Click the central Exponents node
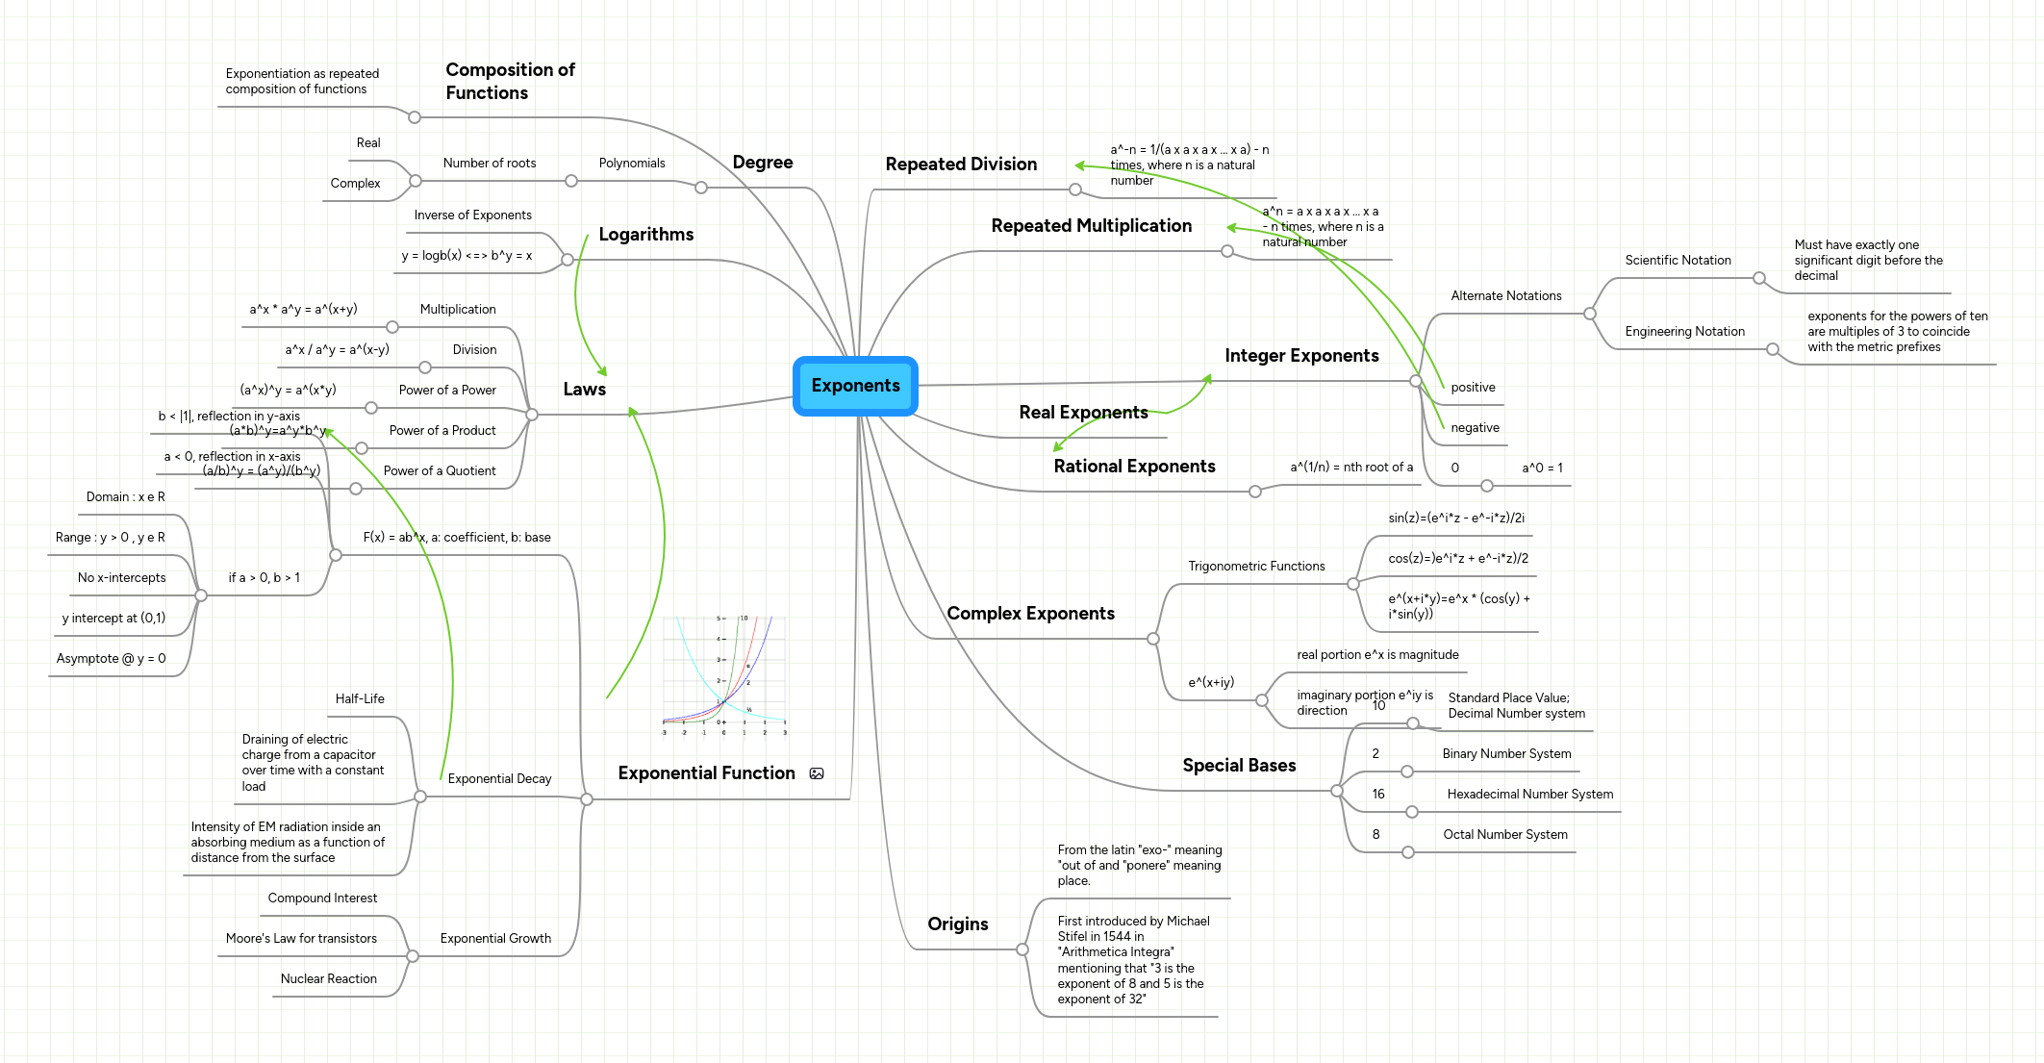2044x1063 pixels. pyautogui.click(x=855, y=386)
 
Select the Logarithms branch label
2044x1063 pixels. pyautogui.click(x=645, y=235)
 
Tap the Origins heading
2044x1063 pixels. pyautogui.click(x=957, y=924)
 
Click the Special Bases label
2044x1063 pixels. pyautogui.click(x=1239, y=766)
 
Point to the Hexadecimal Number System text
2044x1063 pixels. pyautogui.click(x=1529, y=795)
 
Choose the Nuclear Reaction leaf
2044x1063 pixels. pyautogui.click(x=328, y=979)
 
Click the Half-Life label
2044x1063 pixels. pyautogui.click(x=360, y=699)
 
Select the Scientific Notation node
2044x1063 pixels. pyautogui.click(x=1678, y=261)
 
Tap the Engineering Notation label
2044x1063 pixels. pyautogui.click(x=1684, y=332)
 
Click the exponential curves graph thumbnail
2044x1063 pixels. pyautogui.click(x=724, y=675)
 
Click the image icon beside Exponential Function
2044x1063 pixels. pyautogui.click(x=817, y=773)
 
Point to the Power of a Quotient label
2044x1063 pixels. pyautogui.click(x=440, y=471)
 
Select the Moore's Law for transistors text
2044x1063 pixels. pyautogui.click(x=301, y=939)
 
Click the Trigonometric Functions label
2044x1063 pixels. pyautogui.click(x=1256, y=567)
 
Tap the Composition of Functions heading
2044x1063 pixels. pyautogui.click(x=510, y=82)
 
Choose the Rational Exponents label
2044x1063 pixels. pyautogui.click(x=1134, y=467)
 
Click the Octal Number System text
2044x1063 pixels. pyautogui.click(x=1504, y=835)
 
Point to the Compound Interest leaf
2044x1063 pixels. pyautogui.click(x=322, y=898)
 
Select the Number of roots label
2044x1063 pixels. pyautogui.click(x=490, y=164)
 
